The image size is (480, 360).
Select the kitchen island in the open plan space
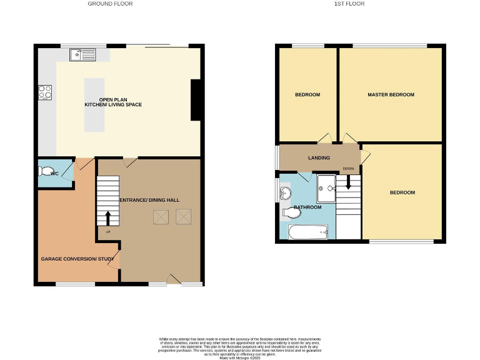(x=94, y=104)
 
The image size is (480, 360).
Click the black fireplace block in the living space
(x=196, y=99)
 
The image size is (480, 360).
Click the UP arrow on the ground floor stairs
(x=107, y=217)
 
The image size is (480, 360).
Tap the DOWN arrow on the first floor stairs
(x=348, y=186)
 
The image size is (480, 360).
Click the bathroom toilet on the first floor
(x=290, y=212)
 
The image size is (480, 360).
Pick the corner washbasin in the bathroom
(x=286, y=192)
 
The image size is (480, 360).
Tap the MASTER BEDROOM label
(x=391, y=95)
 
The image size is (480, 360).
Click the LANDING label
(x=319, y=158)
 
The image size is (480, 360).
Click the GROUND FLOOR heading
(x=110, y=4)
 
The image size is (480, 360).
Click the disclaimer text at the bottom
(x=239, y=346)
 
